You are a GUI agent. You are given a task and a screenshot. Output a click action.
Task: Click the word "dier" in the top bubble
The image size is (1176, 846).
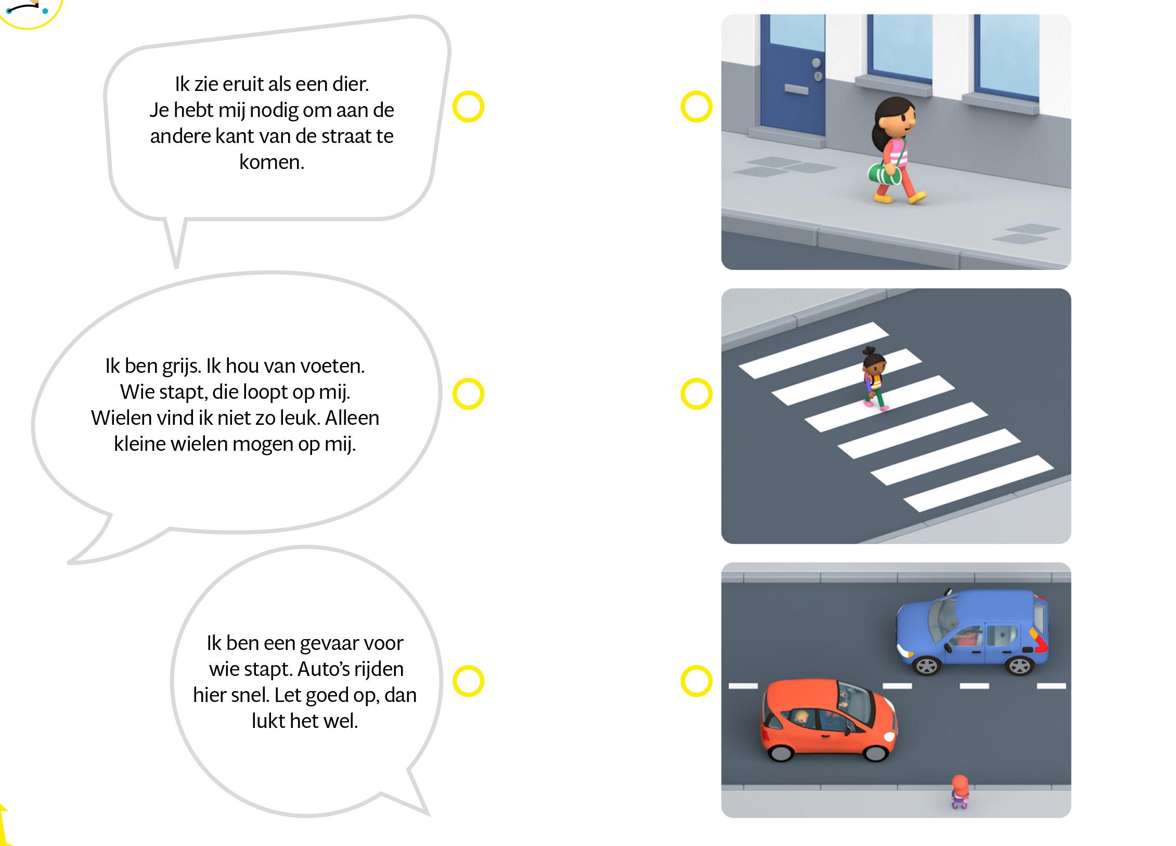coord(351,84)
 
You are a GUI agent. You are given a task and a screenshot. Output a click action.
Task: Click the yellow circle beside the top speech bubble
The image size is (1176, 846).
coord(468,107)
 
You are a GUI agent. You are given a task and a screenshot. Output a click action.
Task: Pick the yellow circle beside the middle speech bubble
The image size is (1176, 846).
coord(468,394)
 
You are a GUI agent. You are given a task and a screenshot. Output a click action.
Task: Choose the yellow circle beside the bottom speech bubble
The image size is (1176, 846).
coord(468,681)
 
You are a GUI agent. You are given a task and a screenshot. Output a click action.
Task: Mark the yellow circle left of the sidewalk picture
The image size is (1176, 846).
coord(696,107)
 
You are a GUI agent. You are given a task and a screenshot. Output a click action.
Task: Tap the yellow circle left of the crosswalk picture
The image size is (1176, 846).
coord(696,394)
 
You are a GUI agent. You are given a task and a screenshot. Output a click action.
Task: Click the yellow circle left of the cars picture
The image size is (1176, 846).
coord(696,681)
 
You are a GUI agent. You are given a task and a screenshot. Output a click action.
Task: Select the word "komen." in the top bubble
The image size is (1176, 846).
coord(272,162)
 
